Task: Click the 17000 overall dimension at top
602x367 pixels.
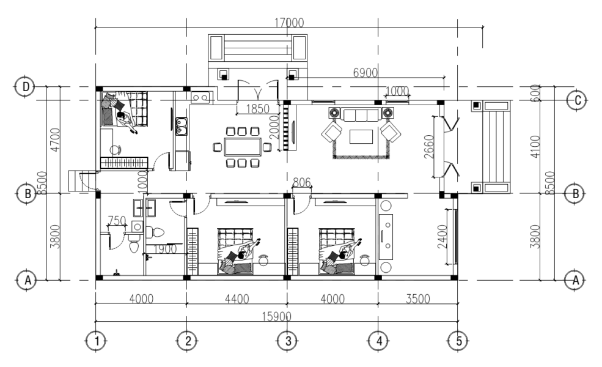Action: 288,23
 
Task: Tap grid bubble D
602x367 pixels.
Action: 25,87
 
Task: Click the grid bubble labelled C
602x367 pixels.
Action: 576,100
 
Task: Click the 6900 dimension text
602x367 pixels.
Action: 365,72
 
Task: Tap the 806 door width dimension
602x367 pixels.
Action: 301,182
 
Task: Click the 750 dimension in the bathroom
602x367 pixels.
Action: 117,220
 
